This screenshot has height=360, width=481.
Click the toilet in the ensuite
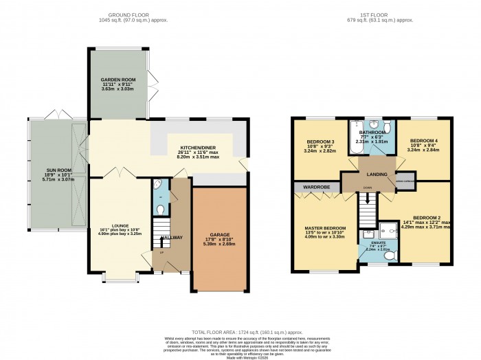[390, 256]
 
